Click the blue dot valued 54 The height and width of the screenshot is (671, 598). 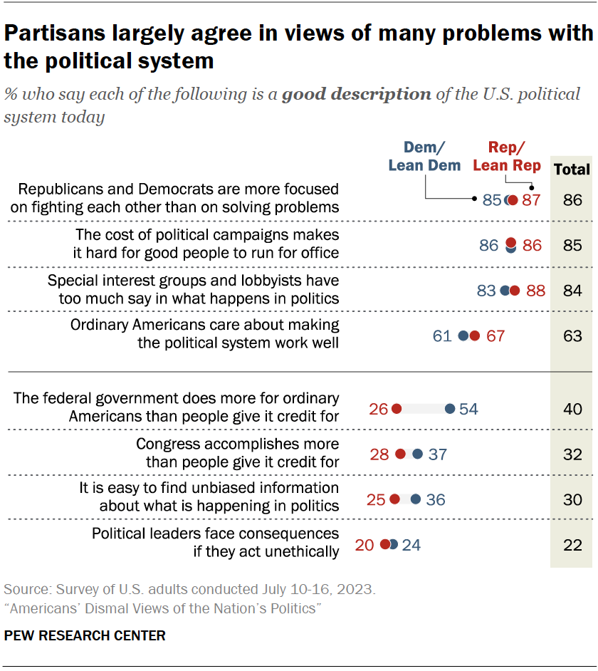tap(450, 409)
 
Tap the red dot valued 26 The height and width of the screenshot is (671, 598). tap(397, 409)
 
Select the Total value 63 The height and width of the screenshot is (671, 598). tap(572, 335)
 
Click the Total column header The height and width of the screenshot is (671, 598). tap(572, 169)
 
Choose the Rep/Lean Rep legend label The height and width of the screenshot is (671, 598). tap(506, 156)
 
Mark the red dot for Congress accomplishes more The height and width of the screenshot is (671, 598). tap(400, 454)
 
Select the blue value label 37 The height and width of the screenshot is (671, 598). tap(437, 454)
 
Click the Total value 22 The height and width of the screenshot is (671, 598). tap(572, 545)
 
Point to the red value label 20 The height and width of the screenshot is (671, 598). tap(364, 545)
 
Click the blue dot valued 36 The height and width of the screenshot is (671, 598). tap(416, 499)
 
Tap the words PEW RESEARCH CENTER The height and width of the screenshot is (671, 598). tap(85, 635)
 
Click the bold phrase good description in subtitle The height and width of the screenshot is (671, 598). tap(356, 94)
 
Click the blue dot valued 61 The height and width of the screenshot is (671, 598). tap(463, 335)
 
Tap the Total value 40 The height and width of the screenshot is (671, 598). tap(572, 409)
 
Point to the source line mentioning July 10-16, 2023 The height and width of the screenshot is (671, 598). tap(190, 590)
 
